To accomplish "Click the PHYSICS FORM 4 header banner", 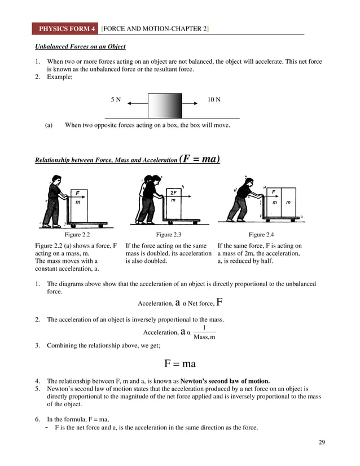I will [66, 28].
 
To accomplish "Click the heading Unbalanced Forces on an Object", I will [80, 46].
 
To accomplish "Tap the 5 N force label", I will [116, 100].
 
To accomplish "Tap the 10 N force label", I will [214, 100].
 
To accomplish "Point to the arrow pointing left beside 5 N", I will [138, 104].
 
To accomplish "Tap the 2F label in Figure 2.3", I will [173, 192].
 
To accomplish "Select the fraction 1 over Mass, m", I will [204, 332].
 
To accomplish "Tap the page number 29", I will [322, 441].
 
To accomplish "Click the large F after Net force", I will [219, 301].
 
